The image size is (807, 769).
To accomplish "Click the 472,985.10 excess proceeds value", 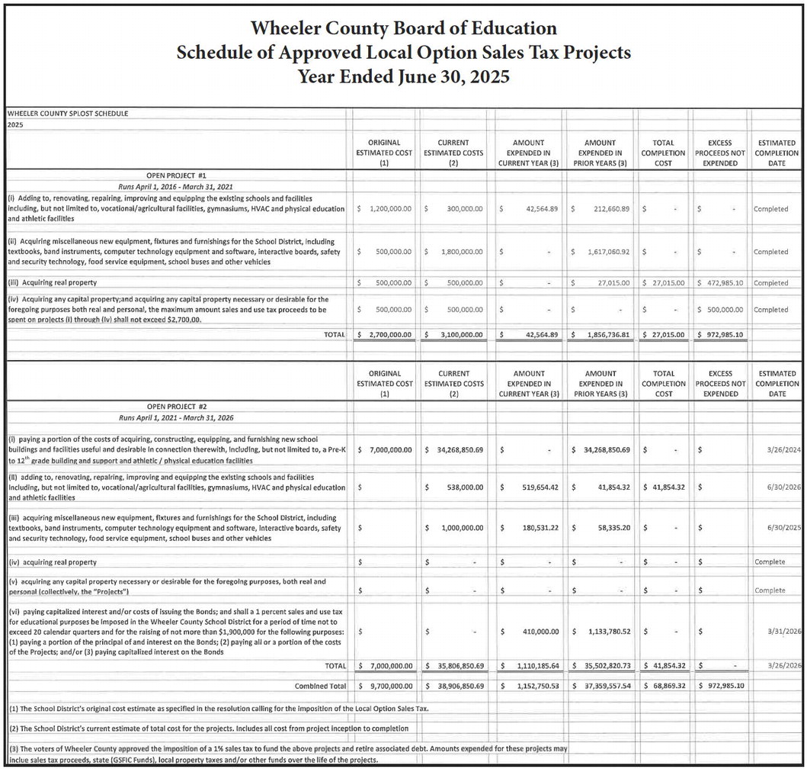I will [x=721, y=283].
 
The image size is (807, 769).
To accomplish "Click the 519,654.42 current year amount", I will [x=531, y=486].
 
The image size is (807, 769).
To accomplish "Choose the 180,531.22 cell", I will [x=531, y=527].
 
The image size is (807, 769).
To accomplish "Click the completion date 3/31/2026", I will [x=783, y=632].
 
